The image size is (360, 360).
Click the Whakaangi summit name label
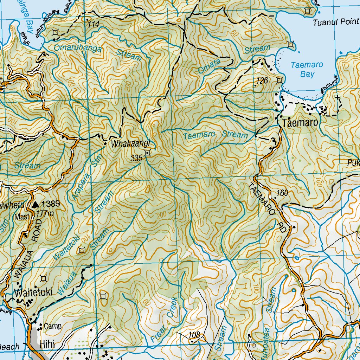pyautogui.click(x=130, y=143)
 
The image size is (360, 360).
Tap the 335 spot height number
pyautogui.click(x=136, y=158)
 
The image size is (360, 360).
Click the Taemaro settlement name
pyautogui.click(x=300, y=123)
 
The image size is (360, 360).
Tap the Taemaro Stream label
pyautogui.click(x=215, y=135)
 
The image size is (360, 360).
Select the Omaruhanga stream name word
pyautogui.click(x=78, y=48)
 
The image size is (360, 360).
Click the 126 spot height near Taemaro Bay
pyautogui.click(x=262, y=81)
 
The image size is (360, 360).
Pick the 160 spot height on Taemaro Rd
pyautogui.click(x=282, y=193)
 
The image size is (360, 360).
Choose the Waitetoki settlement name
pyautogui.click(x=33, y=292)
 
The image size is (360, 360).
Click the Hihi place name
pyautogui.click(x=47, y=345)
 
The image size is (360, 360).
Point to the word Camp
pyautogui.click(x=53, y=326)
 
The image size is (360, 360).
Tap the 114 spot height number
pyautogui.click(x=94, y=24)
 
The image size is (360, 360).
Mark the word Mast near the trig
pyautogui.click(x=21, y=217)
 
